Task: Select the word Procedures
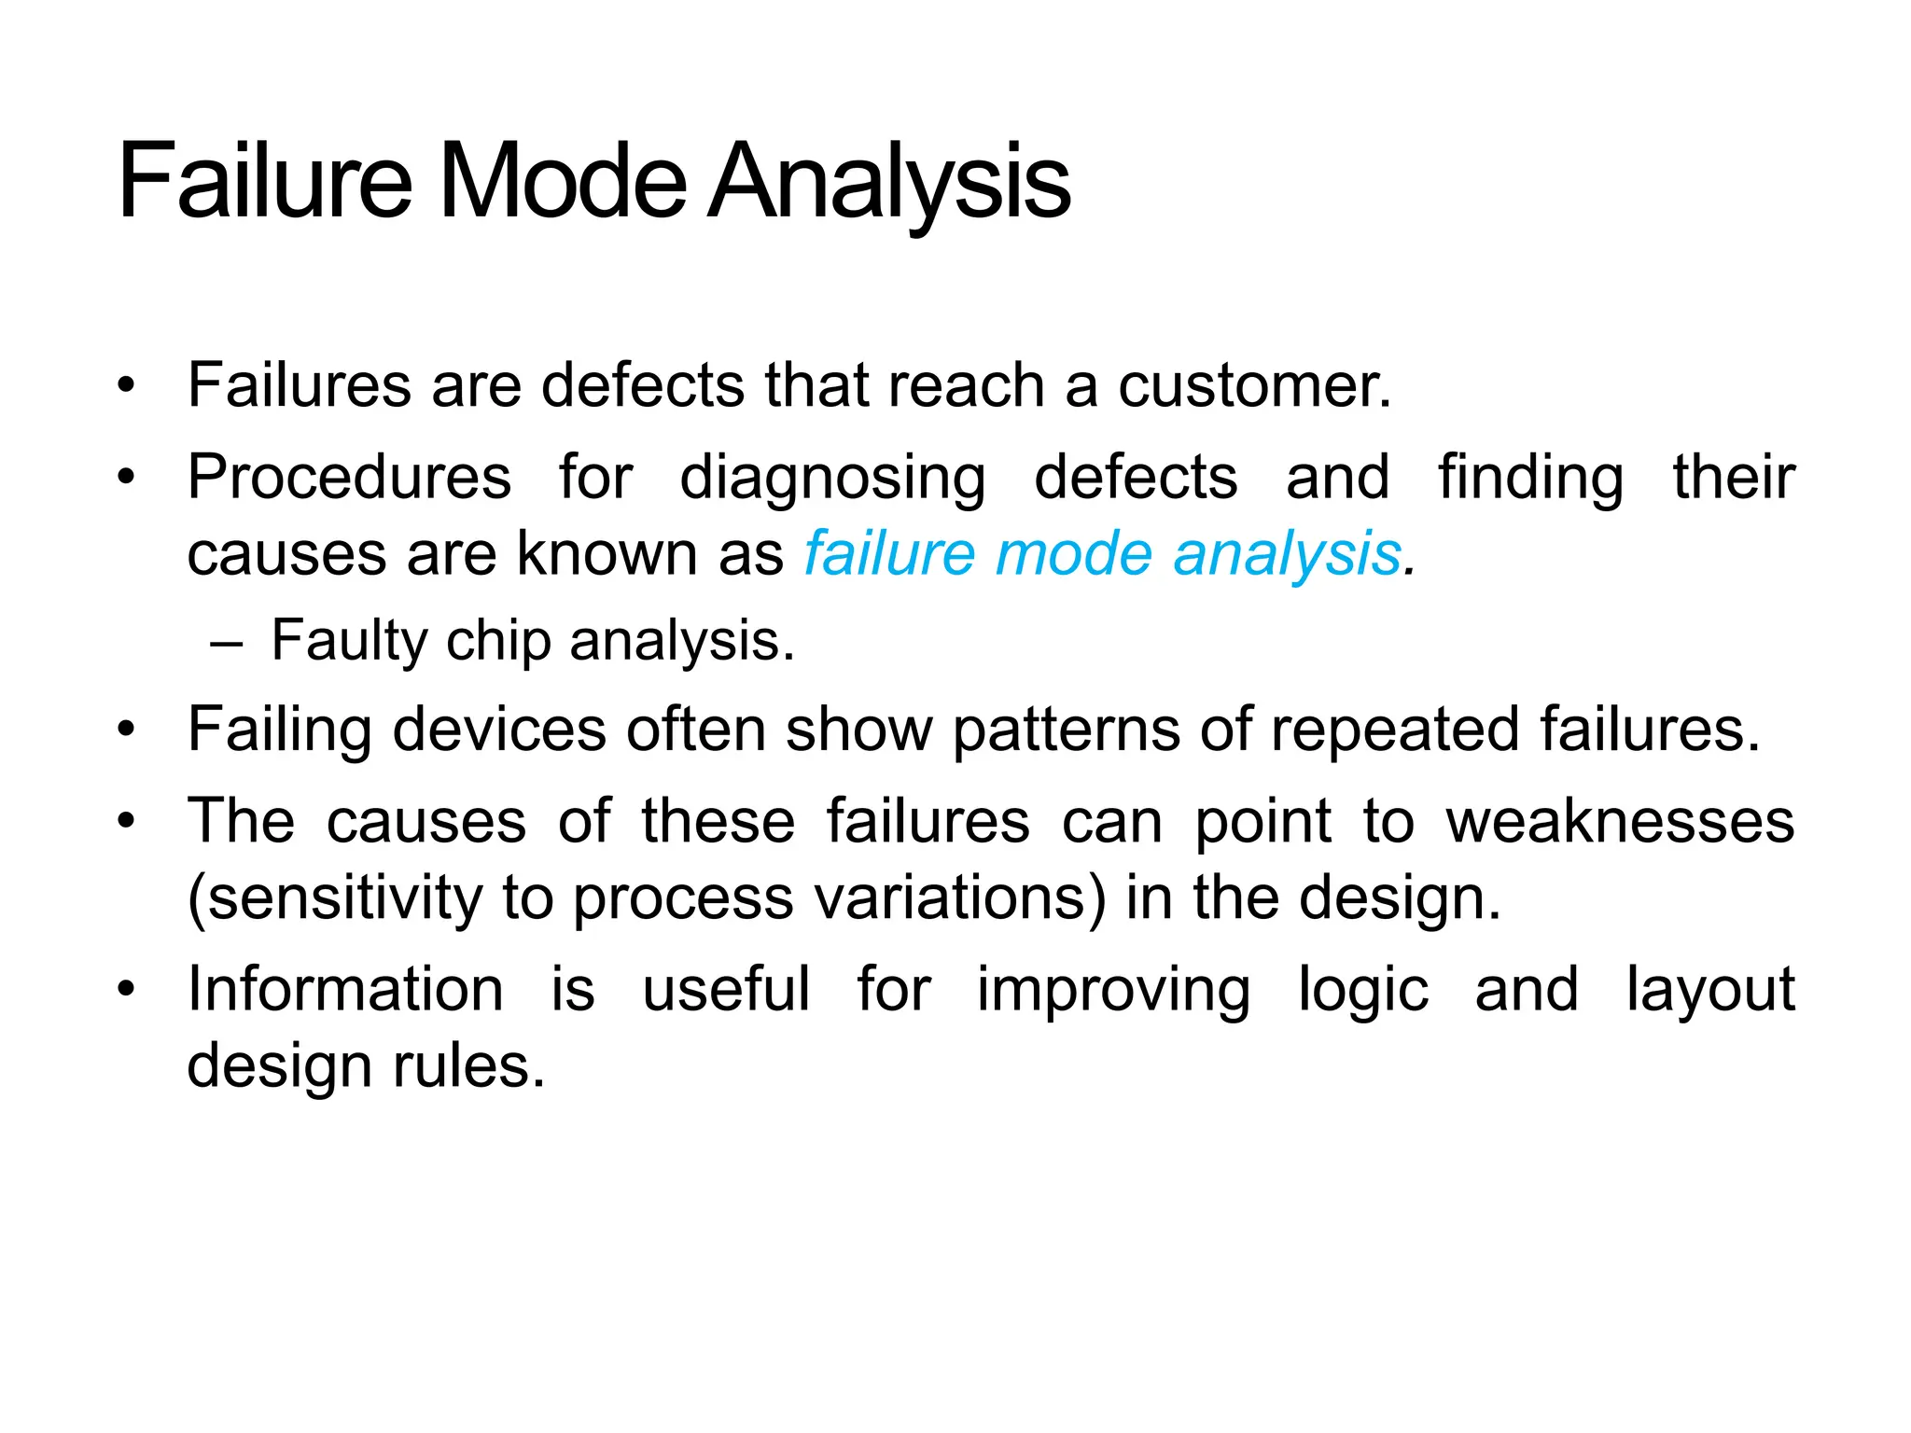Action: click(x=349, y=478)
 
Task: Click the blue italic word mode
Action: click(x=1073, y=554)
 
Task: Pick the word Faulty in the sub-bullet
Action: click(x=349, y=642)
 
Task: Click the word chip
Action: click(x=498, y=642)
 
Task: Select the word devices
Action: click(x=499, y=729)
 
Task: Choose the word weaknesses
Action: click(x=1620, y=822)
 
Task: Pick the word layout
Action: click(x=1710, y=991)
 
